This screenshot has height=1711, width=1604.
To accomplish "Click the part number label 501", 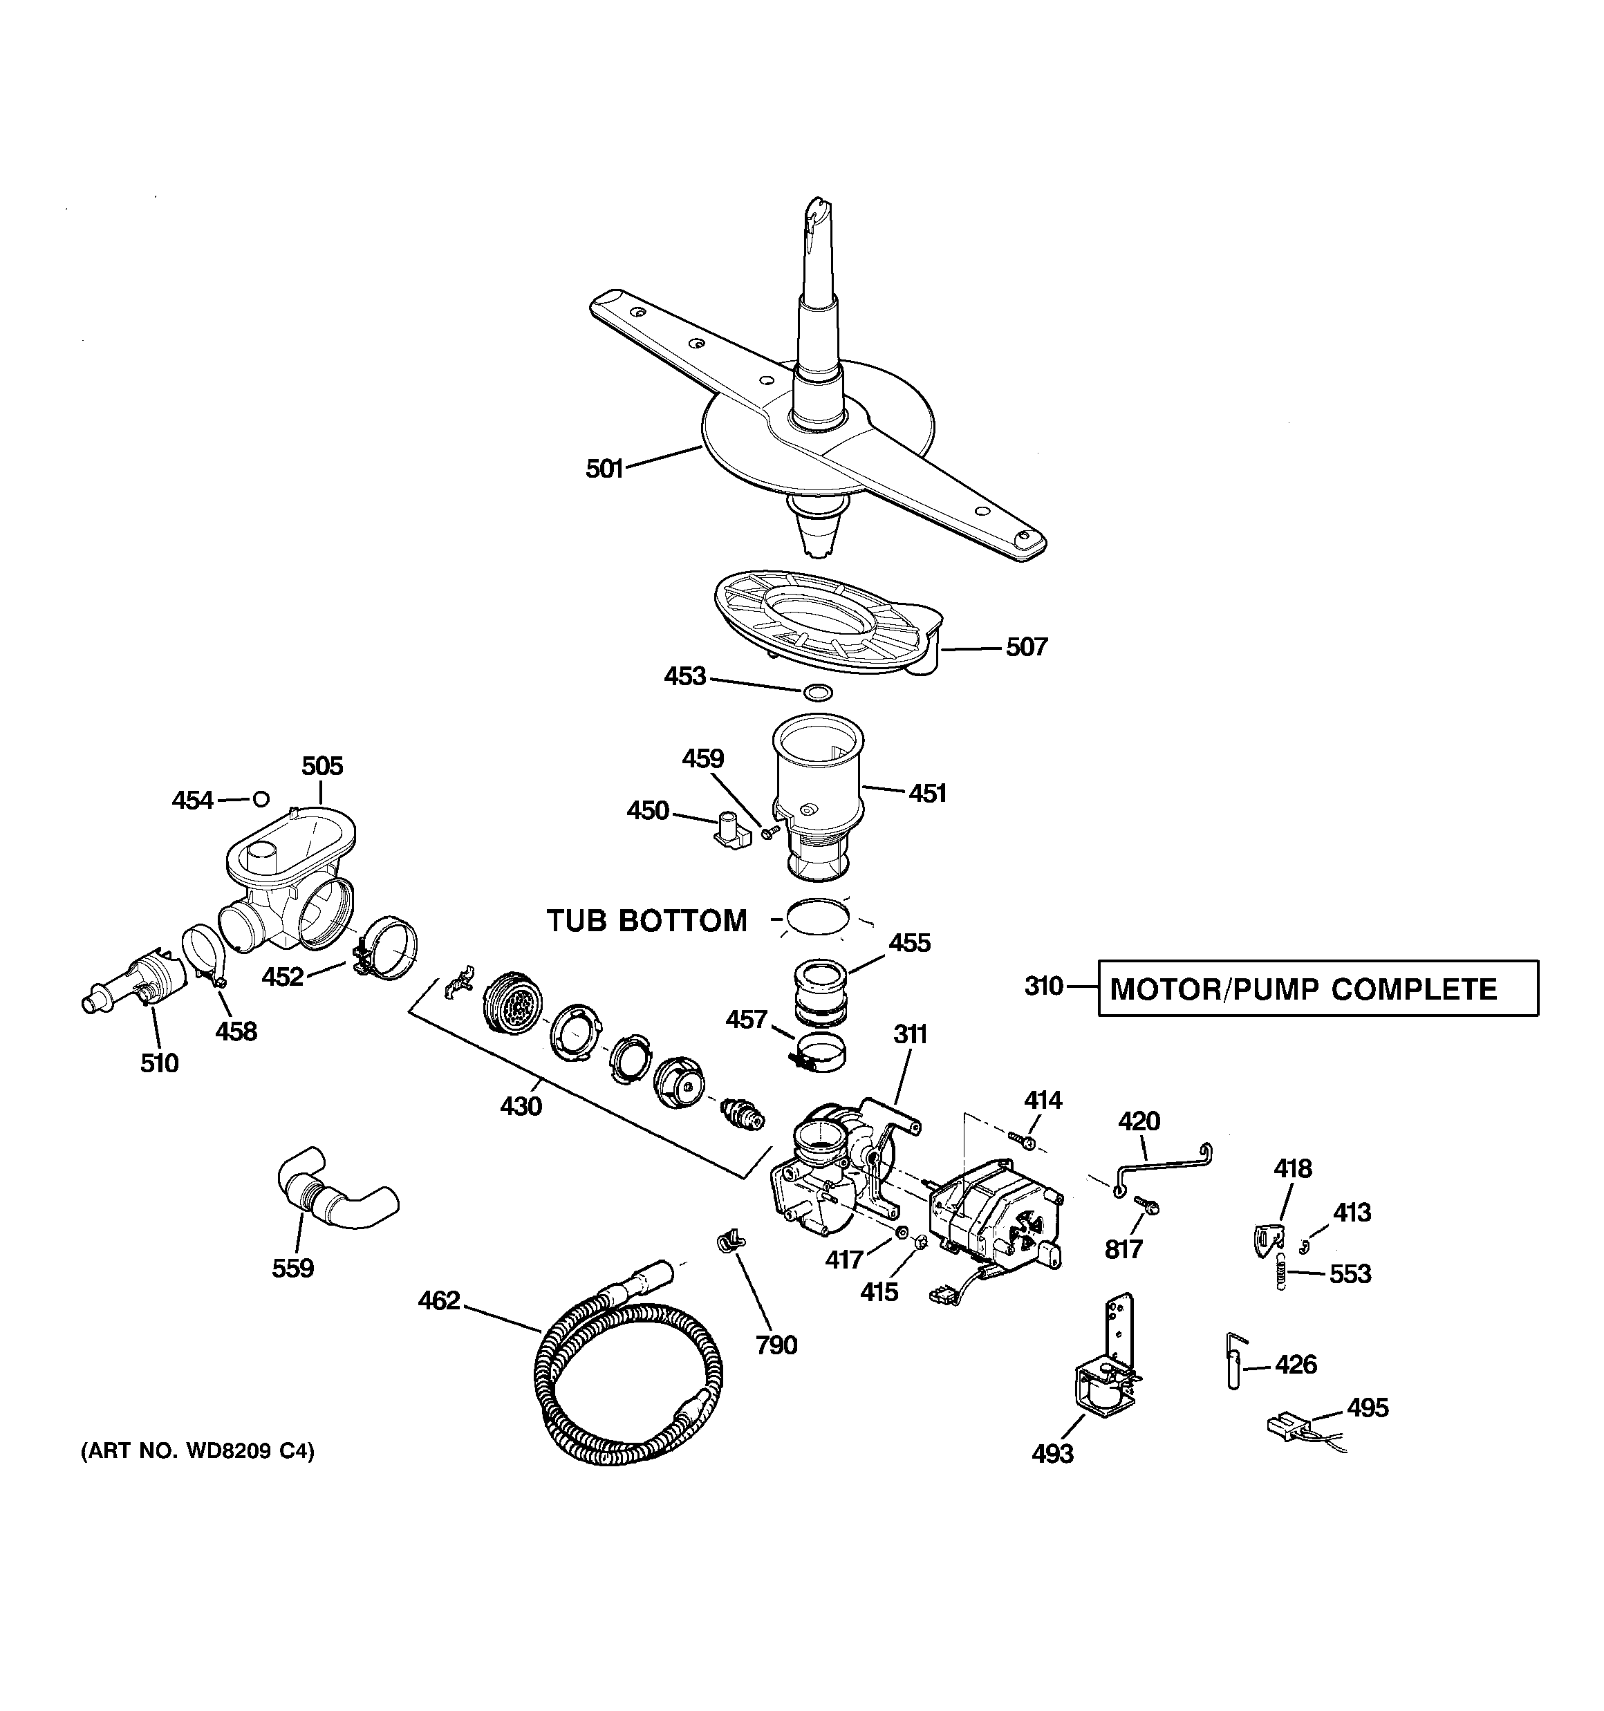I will (604, 469).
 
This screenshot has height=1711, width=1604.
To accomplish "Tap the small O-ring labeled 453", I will (817, 692).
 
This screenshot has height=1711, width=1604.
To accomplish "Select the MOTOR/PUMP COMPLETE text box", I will (1317, 988).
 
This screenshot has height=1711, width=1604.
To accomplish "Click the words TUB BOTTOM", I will (646, 921).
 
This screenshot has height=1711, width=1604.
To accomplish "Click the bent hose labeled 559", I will (336, 1188).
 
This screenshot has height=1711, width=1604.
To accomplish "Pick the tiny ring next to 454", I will (261, 800).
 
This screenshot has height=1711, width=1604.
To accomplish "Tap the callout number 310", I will (1043, 987).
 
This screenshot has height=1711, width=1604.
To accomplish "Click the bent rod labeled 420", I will (1162, 1167).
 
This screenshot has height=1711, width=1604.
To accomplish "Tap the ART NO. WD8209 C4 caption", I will (197, 1451).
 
